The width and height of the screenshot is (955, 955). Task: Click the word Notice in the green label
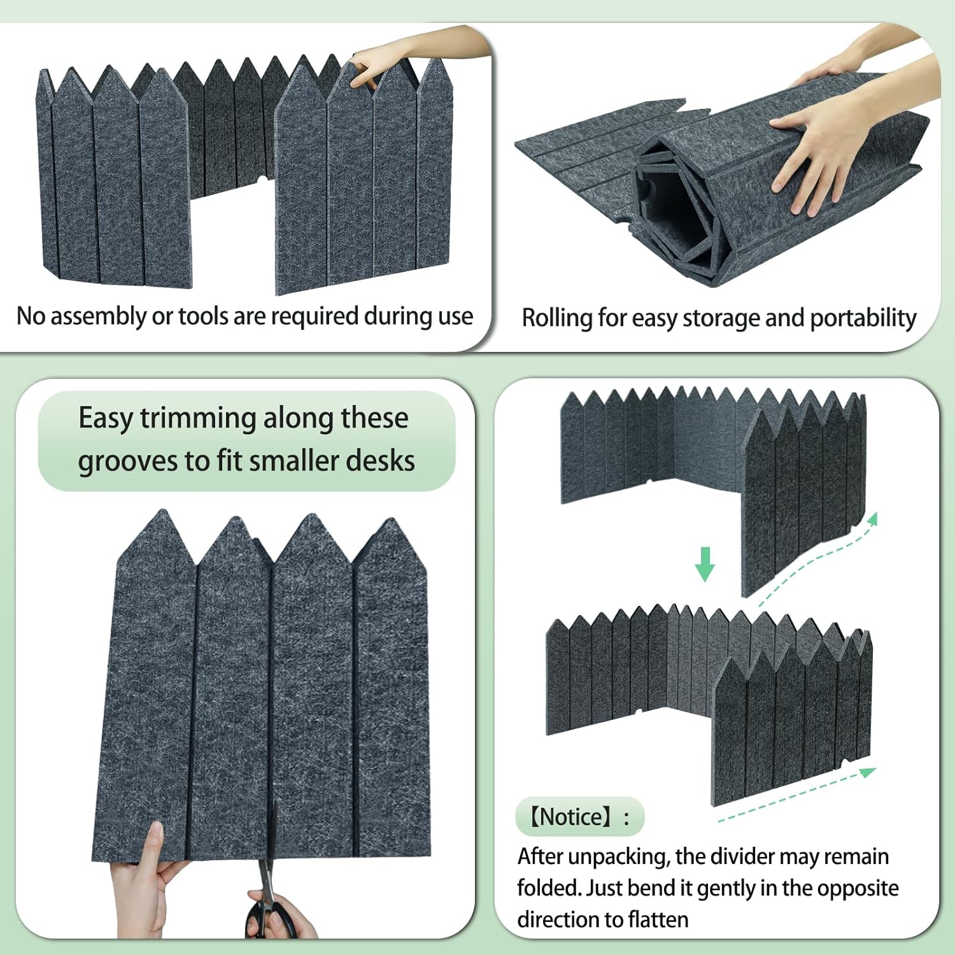pyautogui.click(x=574, y=817)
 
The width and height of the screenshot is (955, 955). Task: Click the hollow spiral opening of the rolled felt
pyautogui.click(x=668, y=210)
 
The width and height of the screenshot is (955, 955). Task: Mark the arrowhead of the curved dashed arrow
pyautogui.click(x=873, y=519)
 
